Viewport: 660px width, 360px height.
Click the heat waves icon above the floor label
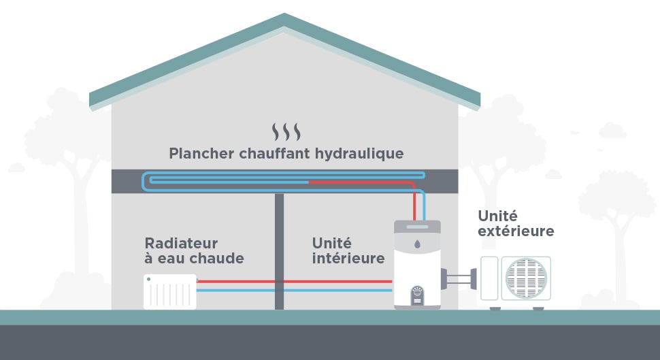point(286,131)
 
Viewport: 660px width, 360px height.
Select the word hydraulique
point(361,153)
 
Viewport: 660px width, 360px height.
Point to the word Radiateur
point(181,243)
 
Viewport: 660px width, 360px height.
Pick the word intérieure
point(348,259)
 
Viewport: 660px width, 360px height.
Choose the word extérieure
point(516,231)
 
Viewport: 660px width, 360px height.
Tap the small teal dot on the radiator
point(148,279)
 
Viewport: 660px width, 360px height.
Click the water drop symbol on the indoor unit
point(417,243)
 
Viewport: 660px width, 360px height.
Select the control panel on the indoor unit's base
point(417,295)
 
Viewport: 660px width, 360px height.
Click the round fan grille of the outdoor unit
point(526,278)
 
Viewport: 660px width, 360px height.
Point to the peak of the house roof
point(284,14)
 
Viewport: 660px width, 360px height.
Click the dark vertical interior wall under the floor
point(279,252)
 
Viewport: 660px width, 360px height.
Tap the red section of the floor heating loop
point(361,182)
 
